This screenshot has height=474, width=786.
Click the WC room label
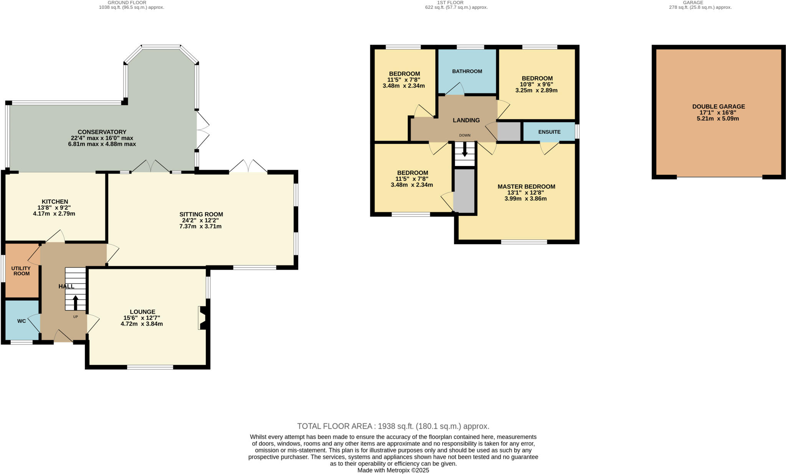click(x=21, y=321)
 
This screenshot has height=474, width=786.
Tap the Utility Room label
click(x=21, y=271)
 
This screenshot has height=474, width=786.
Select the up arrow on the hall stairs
click(x=75, y=302)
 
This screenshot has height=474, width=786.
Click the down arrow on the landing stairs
click(x=465, y=149)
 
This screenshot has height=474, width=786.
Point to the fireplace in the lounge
click(x=202, y=318)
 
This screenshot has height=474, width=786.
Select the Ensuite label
click(x=549, y=132)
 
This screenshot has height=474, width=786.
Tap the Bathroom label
click(x=467, y=71)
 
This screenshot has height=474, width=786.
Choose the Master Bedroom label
click(x=526, y=187)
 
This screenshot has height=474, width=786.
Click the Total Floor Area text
click(x=393, y=426)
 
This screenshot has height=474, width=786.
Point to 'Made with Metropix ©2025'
click(x=393, y=470)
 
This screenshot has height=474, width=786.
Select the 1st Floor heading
click(x=456, y=3)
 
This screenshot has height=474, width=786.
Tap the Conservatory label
click(x=102, y=132)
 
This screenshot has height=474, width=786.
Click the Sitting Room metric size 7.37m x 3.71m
click(x=200, y=227)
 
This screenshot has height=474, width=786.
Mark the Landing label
click(x=466, y=120)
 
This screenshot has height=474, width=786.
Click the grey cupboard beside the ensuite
click(x=509, y=132)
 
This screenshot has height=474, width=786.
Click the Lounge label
click(x=142, y=312)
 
